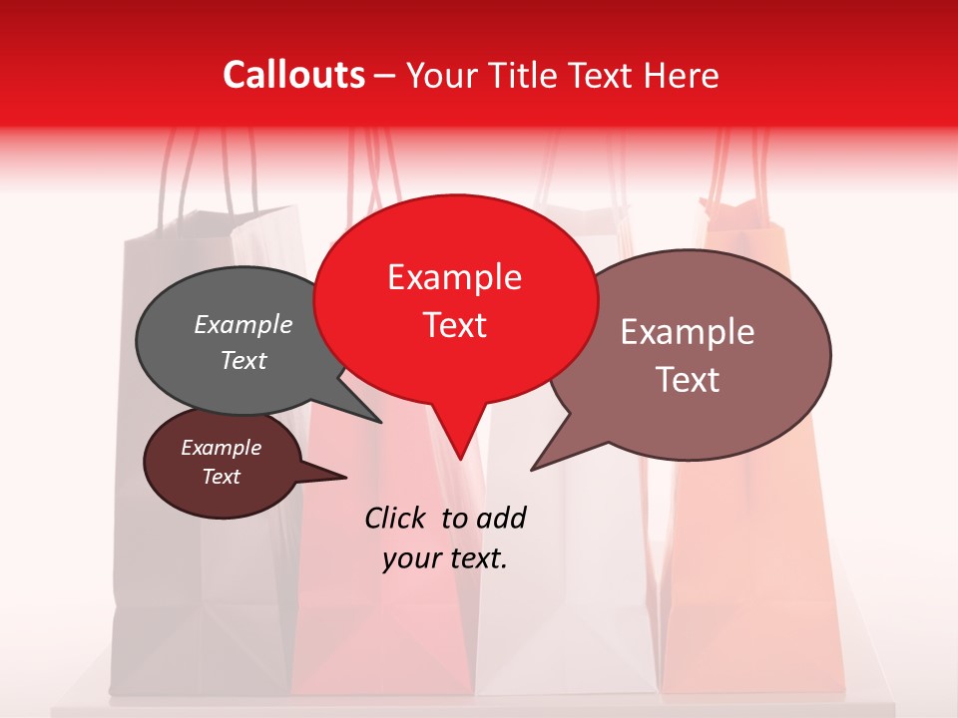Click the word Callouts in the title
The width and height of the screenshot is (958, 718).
[x=293, y=75]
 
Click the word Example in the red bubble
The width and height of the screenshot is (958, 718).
[x=454, y=277]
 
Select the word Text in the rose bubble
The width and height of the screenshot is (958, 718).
[x=688, y=380]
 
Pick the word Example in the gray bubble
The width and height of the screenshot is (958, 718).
[x=243, y=325]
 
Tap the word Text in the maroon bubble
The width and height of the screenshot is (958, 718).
[x=222, y=477]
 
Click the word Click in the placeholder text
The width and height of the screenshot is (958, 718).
[x=395, y=518]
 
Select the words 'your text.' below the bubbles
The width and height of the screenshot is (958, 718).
[x=445, y=558]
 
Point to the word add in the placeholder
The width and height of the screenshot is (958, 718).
[x=500, y=519]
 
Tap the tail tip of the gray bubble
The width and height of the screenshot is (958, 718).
[x=380, y=422]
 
